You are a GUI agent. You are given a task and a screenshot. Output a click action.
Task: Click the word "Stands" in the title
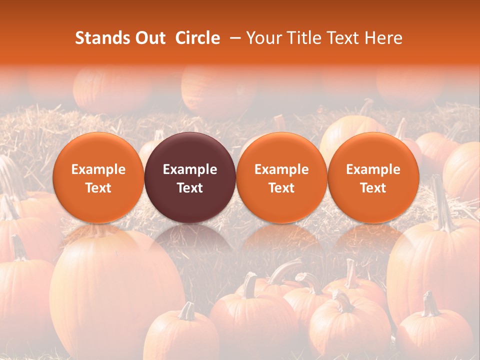click(x=100, y=38)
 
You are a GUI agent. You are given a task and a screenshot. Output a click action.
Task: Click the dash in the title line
click(x=233, y=38)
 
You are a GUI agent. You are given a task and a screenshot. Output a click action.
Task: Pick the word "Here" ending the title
click(x=384, y=38)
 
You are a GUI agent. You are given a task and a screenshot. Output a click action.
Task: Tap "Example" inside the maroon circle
click(x=190, y=169)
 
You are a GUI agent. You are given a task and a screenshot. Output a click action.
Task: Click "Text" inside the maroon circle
click(x=190, y=188)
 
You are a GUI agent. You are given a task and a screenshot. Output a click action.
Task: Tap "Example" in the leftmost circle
click(x=98, y=169)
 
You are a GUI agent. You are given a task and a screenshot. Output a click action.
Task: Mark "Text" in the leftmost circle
click(x=98, y=188)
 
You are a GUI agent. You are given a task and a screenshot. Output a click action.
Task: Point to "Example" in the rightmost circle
click(x=373, y=169)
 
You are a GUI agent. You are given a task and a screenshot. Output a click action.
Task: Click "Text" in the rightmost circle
click(x=373, y=188)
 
